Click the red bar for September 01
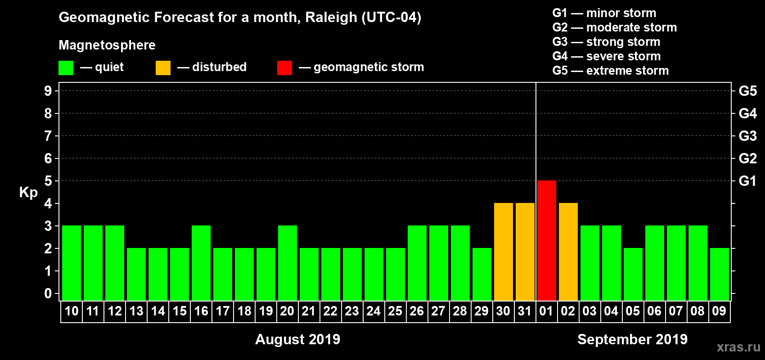pyautogui.click(x=546, y=240)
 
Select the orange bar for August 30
pyautogui.click(x=503, y=252)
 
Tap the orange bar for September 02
pyautogui.click(x=568, y=252)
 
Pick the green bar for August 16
pyautogui.click(x=201, y=263)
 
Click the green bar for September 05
pyautogui.click(x=633, y=274)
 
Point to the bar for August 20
pyautogui.click(x=287, y=263)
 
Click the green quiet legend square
pyautogui.click(x=66, y=68)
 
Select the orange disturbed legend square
pyautogui.click(x=163, y=68)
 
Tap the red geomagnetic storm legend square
pyautogui.click(x=284, y=68)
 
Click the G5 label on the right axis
pyautogui.click(x=747, y=91)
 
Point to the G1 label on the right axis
pyautogui.click(x=747, y=181)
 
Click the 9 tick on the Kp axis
pyautogui.click(x=48, y=91)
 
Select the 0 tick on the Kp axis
pyautogui.click(x=48, y=293)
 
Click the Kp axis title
pyautogui.click(x=28, y=192)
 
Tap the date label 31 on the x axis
pyautogui.click(x=525, y=311)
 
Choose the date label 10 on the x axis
pyautogui.click(x=71, y=311)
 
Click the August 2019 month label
pyautogui.click(x=297, y=339)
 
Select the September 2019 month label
pyautogui.click(x=632, y=339)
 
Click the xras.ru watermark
pyautogui.click(x=738, y=347)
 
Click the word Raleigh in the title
pyautogui.click(x=331, y=18)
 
